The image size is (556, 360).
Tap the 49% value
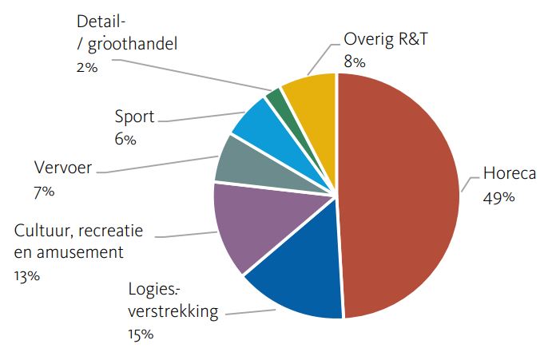tap(498, 198)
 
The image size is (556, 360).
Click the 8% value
tap(355, 61)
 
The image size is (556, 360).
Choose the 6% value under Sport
tap(125, 140)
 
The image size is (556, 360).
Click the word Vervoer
tap(63, 168)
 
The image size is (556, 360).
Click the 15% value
tap(141, 333)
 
